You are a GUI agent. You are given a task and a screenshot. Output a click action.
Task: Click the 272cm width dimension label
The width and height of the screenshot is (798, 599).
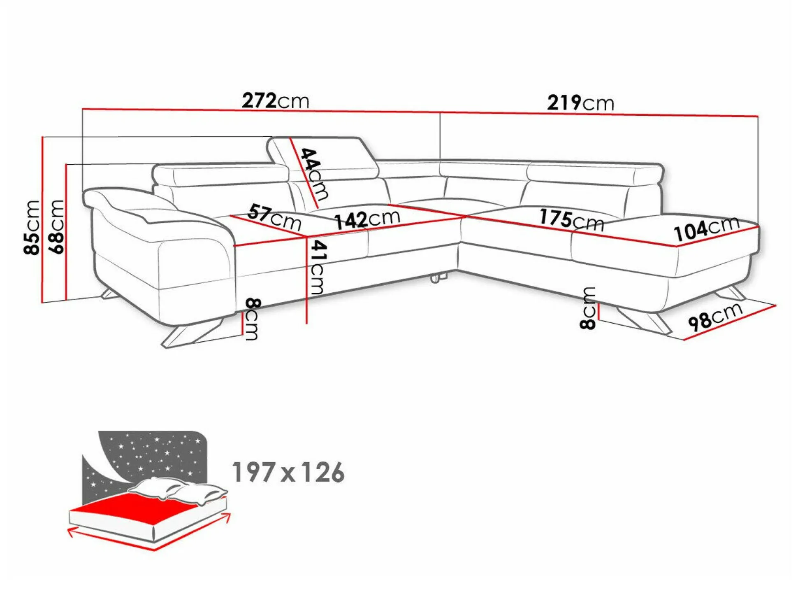[275, 100]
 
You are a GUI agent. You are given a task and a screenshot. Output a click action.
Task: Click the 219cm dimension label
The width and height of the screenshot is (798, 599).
[580, 103]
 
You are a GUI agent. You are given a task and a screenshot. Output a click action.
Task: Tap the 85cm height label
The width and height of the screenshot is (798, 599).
[32, 227]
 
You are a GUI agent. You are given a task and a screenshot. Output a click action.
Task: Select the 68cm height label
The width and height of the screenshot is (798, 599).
[56, 226]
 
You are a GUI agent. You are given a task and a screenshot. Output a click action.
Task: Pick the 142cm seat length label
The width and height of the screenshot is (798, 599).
[367, 219]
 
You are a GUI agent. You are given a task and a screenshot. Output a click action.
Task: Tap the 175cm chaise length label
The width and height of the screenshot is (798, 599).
[572, 219]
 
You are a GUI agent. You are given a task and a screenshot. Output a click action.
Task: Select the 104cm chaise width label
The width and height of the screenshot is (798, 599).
[706, 229]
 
